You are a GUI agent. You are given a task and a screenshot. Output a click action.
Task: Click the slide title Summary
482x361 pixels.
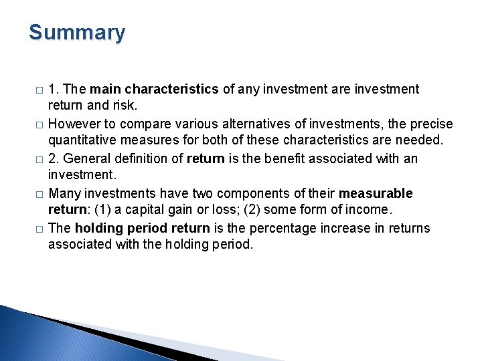click(x=77, y=33)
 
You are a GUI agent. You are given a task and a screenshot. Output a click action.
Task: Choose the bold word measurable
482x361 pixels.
click(x=376, y=194)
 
